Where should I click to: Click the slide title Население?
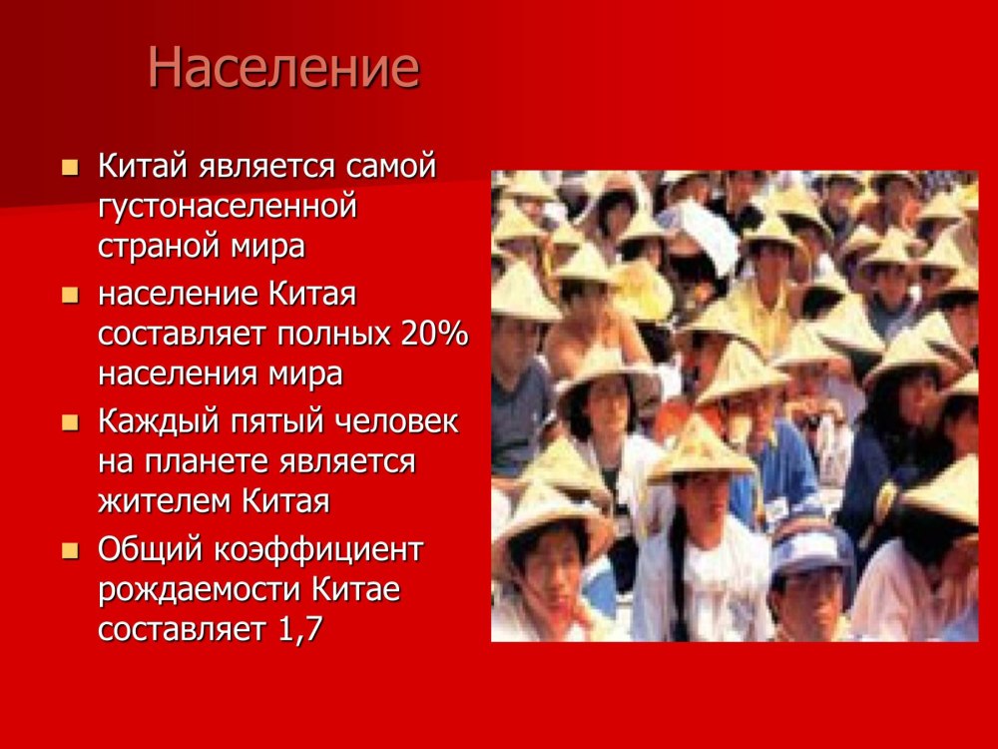point(283,68)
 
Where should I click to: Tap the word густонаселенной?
point(228,207)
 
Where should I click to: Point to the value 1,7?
point(300,629)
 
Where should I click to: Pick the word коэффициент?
point(319,549)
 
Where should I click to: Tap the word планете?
point(208,461)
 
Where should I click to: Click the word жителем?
point(165,501)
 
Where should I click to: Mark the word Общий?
point(151,549)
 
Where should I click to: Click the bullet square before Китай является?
point(70,168)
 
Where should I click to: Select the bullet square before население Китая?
point(70,296)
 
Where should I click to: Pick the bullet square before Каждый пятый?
point(70,422)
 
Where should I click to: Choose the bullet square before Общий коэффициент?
point(70,550)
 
